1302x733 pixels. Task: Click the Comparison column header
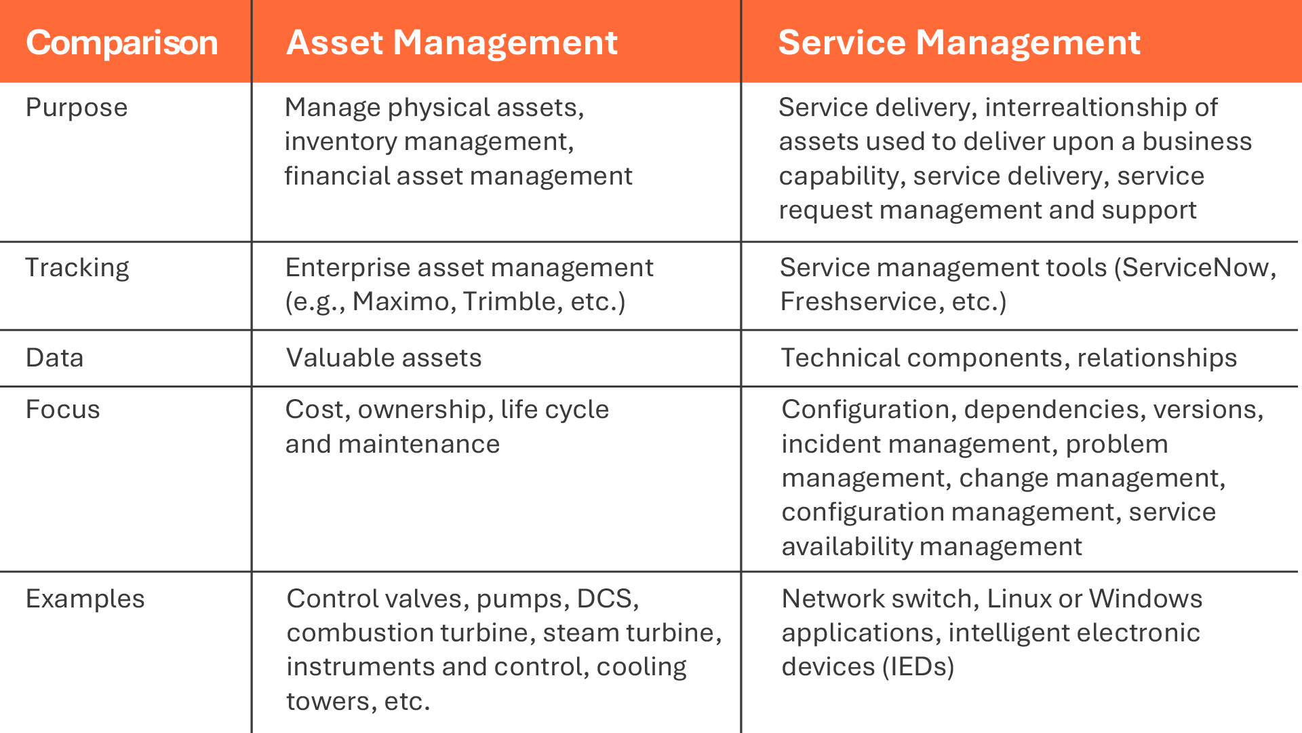pyautogui.click(x=122, y=43)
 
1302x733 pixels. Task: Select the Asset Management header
pyautogui.click(x=452, y=43)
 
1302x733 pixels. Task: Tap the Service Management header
pyautogui.click(x=959, y=43)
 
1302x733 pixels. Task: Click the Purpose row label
pyautogui.click(x=77, y=108)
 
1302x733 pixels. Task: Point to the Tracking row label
pyautogui.click(x=77, y=268)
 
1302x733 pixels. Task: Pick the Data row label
pyautogui.click(x=54, y=358)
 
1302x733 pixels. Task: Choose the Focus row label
pyautogui.click(x=62, y=409)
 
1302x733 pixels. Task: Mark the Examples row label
pyautogui.click(x=85, y=599)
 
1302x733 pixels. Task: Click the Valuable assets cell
pyautogui.click(x=384, y=358)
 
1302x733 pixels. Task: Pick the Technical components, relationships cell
pyautogui.click(x=1009, y=358)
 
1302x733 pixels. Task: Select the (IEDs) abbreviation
pyautogui.click(x=918, y=666)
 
